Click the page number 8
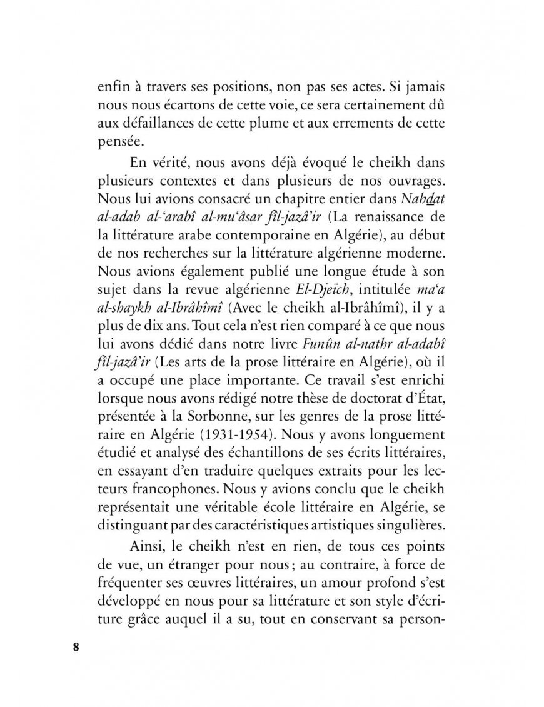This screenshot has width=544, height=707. pyautogui.click(x=76, y=646)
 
